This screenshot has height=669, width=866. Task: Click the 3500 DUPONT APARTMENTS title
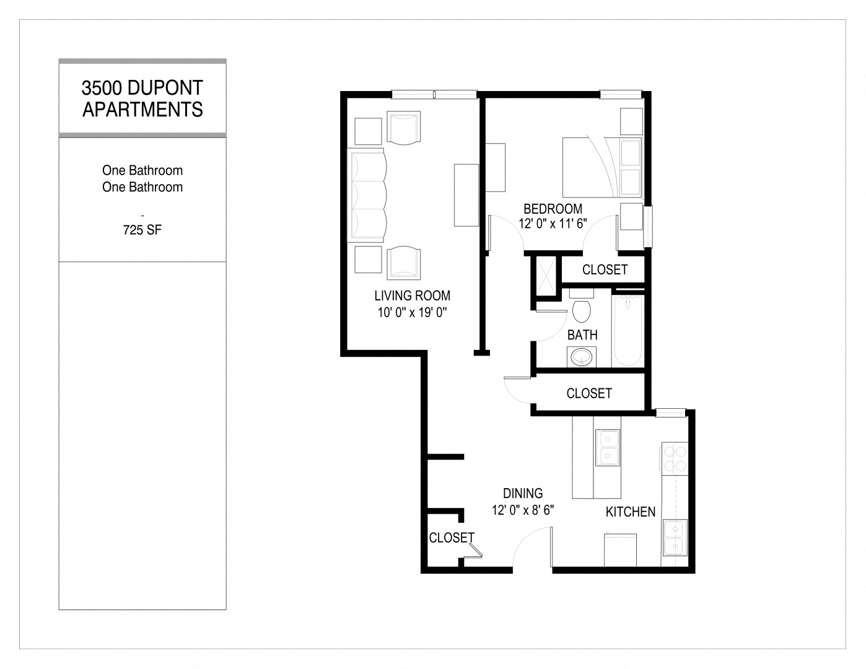click(x=142, y=98)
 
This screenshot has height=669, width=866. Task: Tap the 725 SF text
click(x=142, y=230)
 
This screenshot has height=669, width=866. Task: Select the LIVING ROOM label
click(x=412, y=296)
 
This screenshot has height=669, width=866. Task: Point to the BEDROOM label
click(x=553, y=209)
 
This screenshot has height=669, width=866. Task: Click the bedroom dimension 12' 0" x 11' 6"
click(x=553, y=224)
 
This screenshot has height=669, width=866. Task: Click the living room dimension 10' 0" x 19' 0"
click(x=412, y=313)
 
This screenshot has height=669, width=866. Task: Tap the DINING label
click(x=523, y=494)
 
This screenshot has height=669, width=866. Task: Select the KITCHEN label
click(x=630, y=512)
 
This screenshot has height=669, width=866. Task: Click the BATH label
click(x=582, y=335)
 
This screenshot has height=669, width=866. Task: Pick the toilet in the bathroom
click(x=581, y=308)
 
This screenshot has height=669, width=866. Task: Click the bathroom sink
click(x=582, y=357)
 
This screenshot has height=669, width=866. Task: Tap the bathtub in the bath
click(x=627, y=331)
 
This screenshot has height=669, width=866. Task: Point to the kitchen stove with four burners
click(x=675, y=458)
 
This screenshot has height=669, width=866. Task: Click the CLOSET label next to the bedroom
click(x=605, y=269)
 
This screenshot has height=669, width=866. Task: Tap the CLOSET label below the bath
click(x=588, y=393)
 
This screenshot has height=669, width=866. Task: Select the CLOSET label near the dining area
click(x=452, y=538)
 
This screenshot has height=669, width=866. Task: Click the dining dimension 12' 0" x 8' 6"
click(x=523, y=510)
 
